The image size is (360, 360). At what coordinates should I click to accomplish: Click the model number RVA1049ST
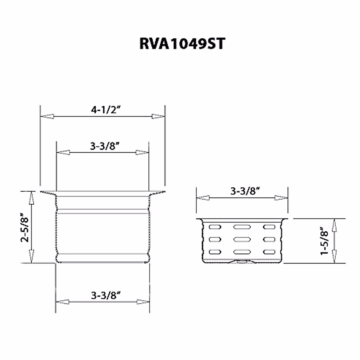[182, 44]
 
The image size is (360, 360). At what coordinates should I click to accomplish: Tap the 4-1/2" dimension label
[106, 110]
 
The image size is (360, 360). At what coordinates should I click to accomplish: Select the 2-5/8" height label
[25, 227]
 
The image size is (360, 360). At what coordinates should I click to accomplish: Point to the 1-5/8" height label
[324, 241]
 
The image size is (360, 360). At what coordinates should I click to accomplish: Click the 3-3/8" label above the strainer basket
[245, 191]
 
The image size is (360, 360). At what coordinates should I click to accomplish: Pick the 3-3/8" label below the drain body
[106, 295]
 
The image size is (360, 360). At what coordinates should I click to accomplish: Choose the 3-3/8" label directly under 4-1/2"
[105, 146]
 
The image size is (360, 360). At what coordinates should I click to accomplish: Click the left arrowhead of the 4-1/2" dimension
[47, 116]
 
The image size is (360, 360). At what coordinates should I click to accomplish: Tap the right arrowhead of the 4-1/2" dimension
[158, 116]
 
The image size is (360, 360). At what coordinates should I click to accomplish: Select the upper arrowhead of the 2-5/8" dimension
[31, 198]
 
